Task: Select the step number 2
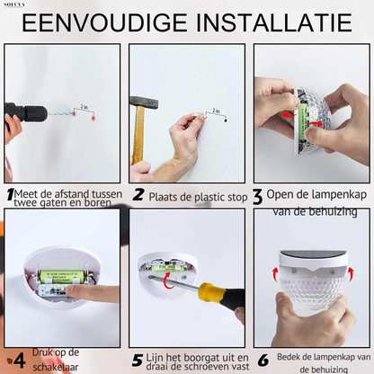(x=138, y=194)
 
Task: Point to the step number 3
(x=257, y=194)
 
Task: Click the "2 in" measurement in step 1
(x=85, y=107)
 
